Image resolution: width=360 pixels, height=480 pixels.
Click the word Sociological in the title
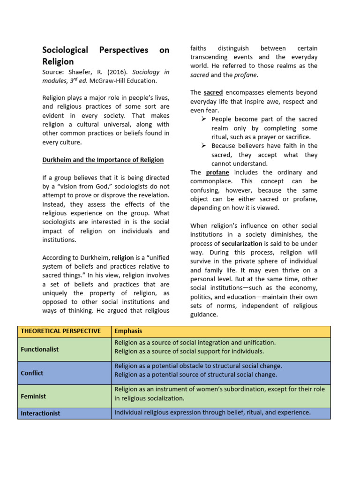click(65, 50)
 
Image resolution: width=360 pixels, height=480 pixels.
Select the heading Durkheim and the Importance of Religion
click(103, 160)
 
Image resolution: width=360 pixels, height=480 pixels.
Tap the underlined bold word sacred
click(213, 93)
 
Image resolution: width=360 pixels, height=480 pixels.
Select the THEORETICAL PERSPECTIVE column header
click(60, 331)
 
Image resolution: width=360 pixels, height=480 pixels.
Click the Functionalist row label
click(39, 350)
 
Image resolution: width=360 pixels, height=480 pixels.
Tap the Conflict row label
click(32, 373)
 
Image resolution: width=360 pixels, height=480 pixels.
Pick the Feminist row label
click(33, 397)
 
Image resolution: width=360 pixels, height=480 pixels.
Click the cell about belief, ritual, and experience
click(212, 413)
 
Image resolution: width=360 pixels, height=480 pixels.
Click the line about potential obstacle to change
click(198, 366)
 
